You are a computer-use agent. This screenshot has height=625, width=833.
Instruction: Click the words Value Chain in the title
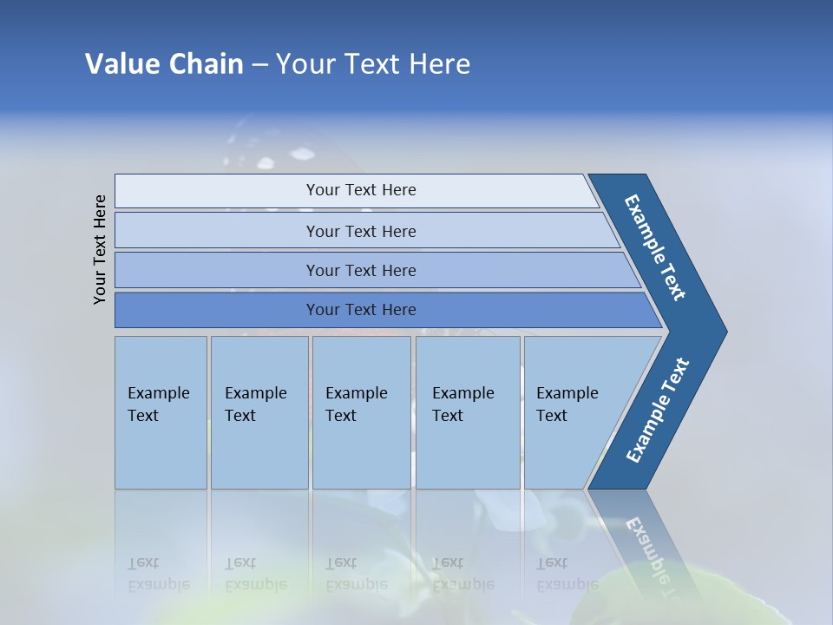point(164,63)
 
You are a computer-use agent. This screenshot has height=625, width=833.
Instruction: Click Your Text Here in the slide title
point(373,63)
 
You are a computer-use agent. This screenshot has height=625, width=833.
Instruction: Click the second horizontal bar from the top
point(361,231)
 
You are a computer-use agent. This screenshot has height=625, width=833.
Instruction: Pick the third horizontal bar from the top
point(361,270)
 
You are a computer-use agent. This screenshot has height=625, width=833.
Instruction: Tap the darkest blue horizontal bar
point(361,310)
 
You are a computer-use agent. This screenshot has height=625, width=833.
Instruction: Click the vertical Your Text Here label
point(100,249)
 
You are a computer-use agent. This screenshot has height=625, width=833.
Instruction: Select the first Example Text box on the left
point(161,412)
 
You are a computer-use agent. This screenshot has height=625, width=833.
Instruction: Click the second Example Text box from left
point(259,412)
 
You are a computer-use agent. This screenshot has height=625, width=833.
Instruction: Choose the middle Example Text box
point(361,412)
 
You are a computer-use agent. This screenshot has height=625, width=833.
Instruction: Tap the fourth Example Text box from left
point(467,412)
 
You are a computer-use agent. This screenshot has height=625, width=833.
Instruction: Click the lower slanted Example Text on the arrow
point(658,410)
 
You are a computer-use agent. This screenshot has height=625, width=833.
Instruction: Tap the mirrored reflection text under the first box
point(159,574)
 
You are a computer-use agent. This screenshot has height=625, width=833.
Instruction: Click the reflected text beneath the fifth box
point(567,574)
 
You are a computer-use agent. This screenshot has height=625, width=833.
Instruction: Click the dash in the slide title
point(259,65)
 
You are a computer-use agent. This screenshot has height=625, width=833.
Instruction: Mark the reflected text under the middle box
point(356,574)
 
